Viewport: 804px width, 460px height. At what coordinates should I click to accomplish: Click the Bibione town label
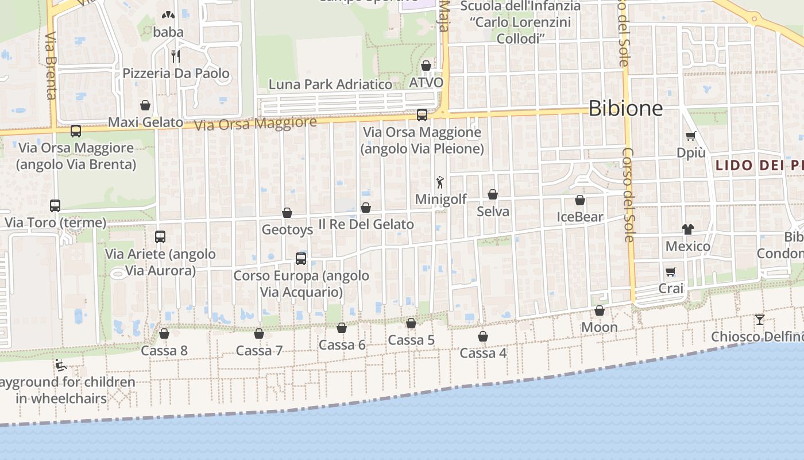pos(626,108)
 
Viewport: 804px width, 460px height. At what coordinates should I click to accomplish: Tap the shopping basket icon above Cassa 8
pos(164,333)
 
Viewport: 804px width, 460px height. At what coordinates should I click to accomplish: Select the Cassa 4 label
pos(483,353)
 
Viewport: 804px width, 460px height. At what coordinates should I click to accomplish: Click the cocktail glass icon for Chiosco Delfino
pos(760,319)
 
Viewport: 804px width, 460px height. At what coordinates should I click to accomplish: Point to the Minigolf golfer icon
pos(440,183)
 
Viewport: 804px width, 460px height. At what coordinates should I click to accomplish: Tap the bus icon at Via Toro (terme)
pos(55,206)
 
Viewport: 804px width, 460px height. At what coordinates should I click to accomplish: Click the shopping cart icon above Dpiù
pos(690,136)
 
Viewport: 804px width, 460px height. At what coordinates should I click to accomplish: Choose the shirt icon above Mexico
pos(688,229)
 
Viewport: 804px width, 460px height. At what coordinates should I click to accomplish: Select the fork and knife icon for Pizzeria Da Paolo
pos(176,56)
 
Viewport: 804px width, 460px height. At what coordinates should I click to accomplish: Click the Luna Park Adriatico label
pos(330,85)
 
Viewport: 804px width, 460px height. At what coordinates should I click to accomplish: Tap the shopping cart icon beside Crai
pos(670,271)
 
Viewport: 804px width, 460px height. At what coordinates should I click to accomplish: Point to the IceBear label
pos(580,217)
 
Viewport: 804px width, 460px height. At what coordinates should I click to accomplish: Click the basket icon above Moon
pos(600,310)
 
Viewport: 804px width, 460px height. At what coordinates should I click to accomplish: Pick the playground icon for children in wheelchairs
pos(60,365)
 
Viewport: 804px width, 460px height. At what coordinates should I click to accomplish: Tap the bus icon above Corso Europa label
pos(301,259)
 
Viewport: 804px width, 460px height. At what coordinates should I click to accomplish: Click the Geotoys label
pos(287,230)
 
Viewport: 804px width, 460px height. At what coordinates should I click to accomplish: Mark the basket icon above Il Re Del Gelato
pos(366,208)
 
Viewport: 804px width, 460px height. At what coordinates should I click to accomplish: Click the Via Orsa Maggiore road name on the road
pos(256,124)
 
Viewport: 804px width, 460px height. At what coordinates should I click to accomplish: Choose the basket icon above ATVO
pos(426,66)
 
